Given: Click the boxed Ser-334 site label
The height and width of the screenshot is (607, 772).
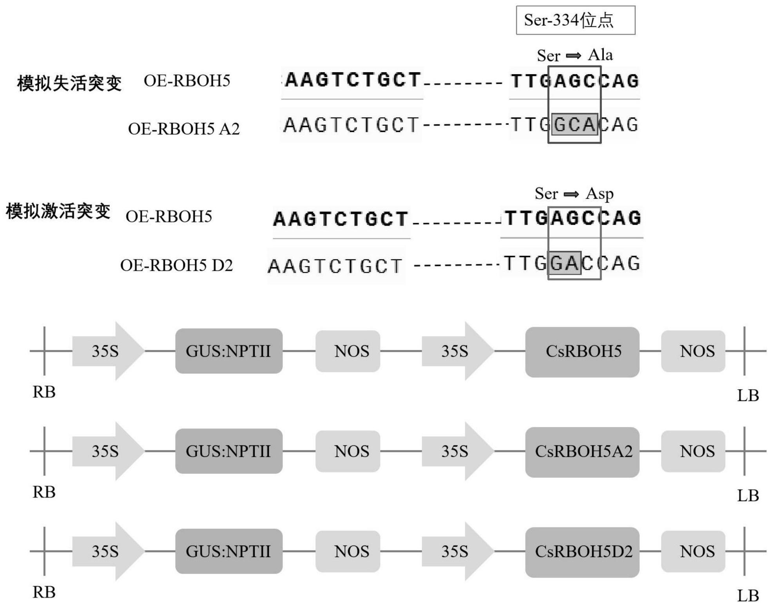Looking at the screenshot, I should pyautogui.click(x=575, y=20).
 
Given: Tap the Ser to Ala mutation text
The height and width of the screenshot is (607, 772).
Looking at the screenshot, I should pyautogui.click(x=574, y=55).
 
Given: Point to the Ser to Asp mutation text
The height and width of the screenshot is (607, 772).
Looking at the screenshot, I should pyautogui.click(x=574, y=194).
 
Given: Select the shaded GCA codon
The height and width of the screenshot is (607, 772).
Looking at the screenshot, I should pyautogui.click(x=574, y=124).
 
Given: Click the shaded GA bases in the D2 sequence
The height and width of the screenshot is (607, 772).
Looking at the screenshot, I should pyautogui.click(x=564, y=263).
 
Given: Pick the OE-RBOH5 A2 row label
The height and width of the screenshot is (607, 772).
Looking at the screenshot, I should pyautogui.click(x=183, y=129).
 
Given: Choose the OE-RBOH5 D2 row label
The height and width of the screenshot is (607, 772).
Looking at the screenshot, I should pyautogui.click(x=176, y=266).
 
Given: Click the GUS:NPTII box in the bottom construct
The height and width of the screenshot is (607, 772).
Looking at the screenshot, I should pyautogui.click(x=228, y=551).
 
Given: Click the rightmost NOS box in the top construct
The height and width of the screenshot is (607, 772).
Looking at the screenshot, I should pyautogui.click(x=693, y=351).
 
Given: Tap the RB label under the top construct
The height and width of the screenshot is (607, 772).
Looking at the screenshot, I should pyautogui.click(x=44, y=392).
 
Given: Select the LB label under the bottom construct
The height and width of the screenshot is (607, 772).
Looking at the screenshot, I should pyautogui.click(x=748, y=596).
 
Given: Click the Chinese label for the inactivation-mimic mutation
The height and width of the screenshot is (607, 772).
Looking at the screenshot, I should pyautogui.click(x=69, y=83).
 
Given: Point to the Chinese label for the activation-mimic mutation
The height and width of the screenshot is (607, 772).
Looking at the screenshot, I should pyautogui.click(x=58, y=211).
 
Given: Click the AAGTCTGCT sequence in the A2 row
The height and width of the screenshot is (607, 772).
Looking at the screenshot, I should pyautogui.click(x=351, y=125).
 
